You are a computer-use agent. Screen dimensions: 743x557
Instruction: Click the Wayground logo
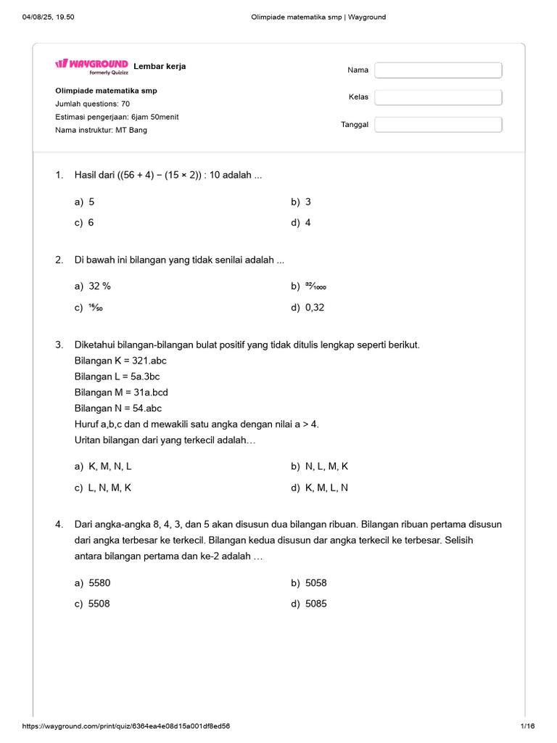[x=91, y=65]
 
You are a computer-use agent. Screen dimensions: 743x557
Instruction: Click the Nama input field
[x=438, y=70]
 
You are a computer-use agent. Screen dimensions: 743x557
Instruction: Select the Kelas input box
[x=438, y=97]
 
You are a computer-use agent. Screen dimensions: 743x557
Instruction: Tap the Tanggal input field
[x=438, y=125]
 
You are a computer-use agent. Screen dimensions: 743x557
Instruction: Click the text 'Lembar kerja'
[x=160, y=66]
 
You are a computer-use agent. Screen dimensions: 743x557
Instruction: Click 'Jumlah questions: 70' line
[x=92, y=104]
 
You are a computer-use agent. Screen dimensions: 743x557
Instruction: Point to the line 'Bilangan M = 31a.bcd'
[x=121, y=392]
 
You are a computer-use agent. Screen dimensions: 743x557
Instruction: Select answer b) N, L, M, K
[x=319, y=467]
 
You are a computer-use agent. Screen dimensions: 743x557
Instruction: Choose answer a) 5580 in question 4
[x=92, y=583]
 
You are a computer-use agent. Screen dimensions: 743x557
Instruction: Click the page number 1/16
[x=527, y=726]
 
